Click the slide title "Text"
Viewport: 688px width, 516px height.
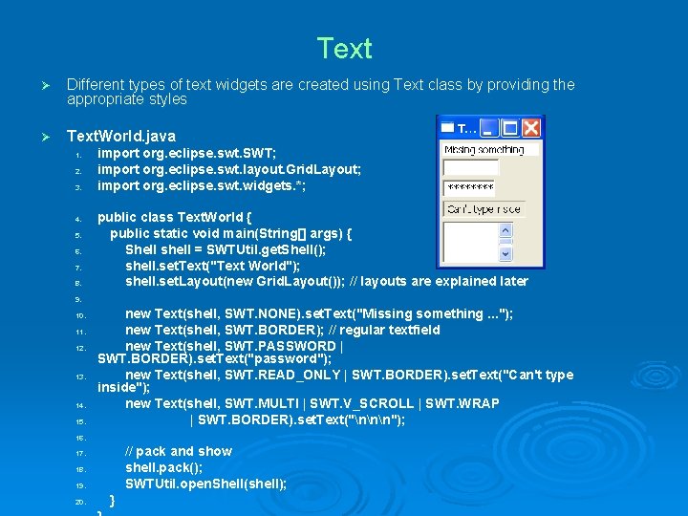click(x=344, y=49)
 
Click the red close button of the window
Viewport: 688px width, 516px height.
click(x=532, y=127)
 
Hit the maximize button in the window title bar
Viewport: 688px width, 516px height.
click(x=511, y=127)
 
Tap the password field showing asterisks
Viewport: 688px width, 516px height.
click(x=470, y=188)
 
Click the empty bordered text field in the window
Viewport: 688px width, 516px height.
click(x=470, y=168)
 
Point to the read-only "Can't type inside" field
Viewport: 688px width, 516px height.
click(x=484, y=208)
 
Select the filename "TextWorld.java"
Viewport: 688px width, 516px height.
click(x=121, y=137)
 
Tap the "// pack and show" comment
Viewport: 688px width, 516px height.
click(x=179, y=451)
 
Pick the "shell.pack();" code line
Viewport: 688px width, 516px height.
click(x=164, y=467)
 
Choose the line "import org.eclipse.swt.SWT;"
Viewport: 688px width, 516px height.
click(x=187, y=154)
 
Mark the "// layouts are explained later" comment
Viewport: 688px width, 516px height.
click(x=440, y=282)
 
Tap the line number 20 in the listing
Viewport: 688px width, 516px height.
click(x=81, y=502)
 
